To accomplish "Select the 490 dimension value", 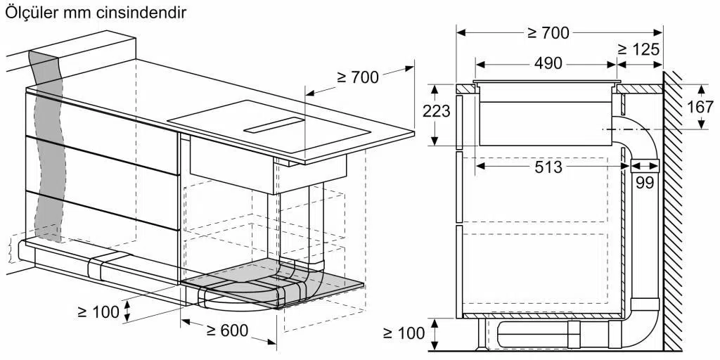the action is [548, 63].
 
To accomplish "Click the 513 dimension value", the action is [548, 167].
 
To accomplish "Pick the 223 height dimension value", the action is [436, 111].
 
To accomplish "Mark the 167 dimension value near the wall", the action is [700, 107].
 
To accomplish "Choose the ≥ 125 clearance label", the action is [638, 49].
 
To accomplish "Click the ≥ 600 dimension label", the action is [227, 330].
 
